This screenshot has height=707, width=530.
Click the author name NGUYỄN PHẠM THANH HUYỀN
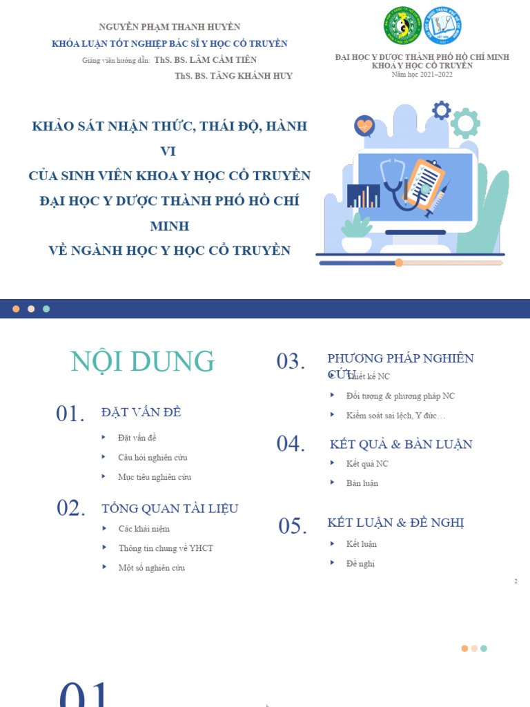170,27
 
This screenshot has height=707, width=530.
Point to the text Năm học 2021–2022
422,74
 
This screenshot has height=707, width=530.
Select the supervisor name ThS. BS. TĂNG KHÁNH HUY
234,76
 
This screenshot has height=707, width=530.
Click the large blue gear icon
441,110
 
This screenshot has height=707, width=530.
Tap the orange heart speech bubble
364,126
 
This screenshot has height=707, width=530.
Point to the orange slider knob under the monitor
399,262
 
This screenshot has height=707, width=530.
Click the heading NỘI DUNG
143,362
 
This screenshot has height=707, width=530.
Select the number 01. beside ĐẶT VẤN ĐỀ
70,414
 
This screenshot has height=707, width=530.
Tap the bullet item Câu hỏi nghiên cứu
153,457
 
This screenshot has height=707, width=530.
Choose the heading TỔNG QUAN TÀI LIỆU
170,509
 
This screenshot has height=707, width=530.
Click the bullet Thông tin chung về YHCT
166,548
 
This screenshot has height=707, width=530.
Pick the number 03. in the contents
291,361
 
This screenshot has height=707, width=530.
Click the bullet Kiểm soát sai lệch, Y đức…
396,416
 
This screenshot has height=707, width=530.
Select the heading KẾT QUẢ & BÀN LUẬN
401,445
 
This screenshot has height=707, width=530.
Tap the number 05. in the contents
293,526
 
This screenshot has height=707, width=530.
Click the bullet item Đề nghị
360,563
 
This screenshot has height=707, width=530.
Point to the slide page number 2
516,581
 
